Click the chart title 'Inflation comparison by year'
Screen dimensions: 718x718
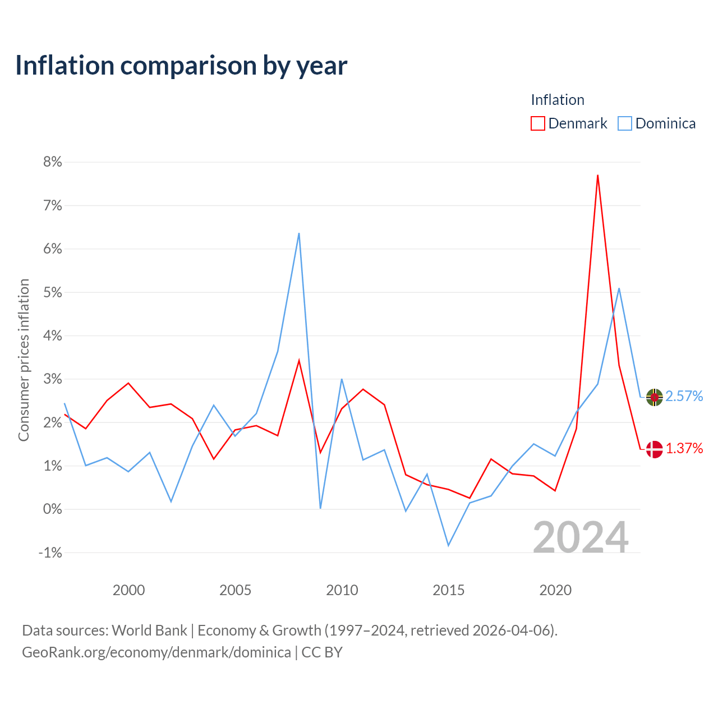181,66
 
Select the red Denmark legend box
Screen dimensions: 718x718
537,123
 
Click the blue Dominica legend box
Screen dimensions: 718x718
624,123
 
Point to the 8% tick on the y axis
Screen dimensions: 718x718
53,162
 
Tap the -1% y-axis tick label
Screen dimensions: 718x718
50,553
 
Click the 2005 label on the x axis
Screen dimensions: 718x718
235,590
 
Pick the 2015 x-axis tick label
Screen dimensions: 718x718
448,590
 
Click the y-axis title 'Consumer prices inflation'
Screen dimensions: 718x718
24,360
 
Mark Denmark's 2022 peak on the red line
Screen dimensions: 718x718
597,175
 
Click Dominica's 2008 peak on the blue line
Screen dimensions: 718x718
299,233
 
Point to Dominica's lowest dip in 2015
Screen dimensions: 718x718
448,546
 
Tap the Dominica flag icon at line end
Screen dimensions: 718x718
654,397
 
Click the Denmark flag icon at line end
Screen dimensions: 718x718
654,449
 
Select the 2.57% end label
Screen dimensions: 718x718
684,397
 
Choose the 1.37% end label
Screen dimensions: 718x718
684,449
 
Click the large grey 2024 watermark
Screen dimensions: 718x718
581,537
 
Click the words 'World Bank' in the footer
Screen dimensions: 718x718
149,631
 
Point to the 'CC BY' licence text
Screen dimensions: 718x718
322,652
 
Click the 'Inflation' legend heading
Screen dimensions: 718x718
558,100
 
